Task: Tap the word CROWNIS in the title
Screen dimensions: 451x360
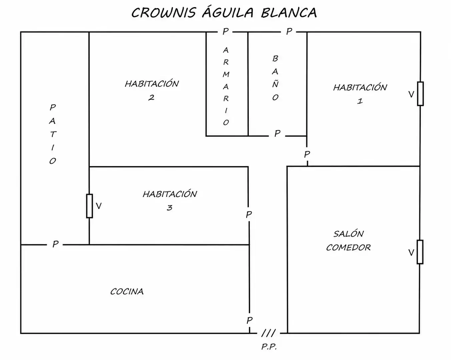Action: (163, 13)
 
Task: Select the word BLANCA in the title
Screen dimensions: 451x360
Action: (289, 13)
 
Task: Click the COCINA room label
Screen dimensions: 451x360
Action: (127, 292)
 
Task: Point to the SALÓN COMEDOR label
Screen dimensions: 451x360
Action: (348, 241)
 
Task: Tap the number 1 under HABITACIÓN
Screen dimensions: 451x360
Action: (360, 101)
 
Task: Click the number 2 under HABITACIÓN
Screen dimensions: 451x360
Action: (151, 97)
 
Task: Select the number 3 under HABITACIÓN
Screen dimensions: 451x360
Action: (169, 208)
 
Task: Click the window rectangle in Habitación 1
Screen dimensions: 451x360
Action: (420, 94)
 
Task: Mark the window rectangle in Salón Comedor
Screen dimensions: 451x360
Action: (420, 252)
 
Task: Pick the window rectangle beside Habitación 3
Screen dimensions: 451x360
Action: (89, 206)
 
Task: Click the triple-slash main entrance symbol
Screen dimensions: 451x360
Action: (269, 333)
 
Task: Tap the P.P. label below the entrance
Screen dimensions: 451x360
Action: (269, 347)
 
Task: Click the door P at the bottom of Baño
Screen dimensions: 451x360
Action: (277, 133)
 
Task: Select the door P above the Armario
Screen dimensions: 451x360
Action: (225, 31)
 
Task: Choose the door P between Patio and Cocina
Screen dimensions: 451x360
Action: (55, 244)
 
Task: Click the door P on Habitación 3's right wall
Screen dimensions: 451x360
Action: (249, 214)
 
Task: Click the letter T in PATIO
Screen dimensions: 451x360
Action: (53, 134)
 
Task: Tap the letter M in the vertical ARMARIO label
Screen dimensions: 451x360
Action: (226, 74)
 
